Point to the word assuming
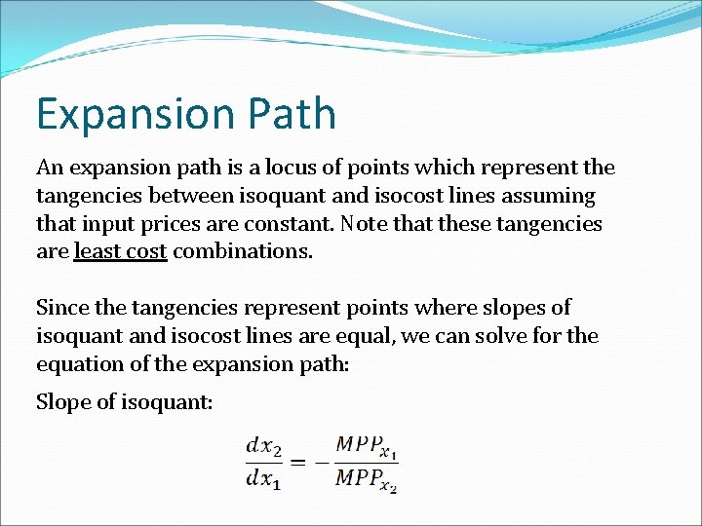coord(545,196)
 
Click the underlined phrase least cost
coord(121,252)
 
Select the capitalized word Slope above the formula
coord(61,401)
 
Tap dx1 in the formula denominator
coord(263,478)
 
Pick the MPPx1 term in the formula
coord(366,446)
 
